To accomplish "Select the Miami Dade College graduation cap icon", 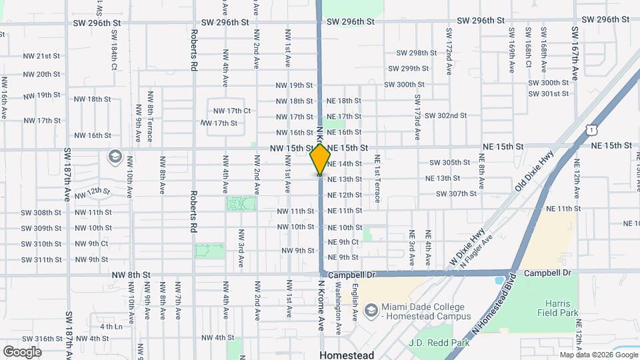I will click(x=370, y=310).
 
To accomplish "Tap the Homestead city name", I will click(x=347, y=355).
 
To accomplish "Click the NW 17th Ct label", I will click(x=232, y=111).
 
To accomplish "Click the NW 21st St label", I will click(x=42, y=56).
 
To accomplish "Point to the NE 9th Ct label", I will click(x=343, y=242).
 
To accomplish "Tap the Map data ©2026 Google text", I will click(x=598, y=355).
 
